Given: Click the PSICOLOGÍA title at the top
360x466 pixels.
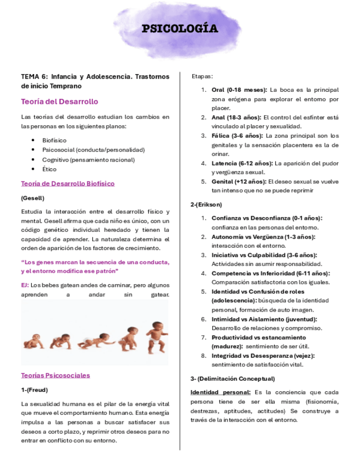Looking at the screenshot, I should tap(180, 29).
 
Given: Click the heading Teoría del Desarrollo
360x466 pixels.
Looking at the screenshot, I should tap(59, 102).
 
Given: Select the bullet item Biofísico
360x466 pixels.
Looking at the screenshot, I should tap(54, 140).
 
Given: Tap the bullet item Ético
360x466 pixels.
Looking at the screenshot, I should tap(49, 170).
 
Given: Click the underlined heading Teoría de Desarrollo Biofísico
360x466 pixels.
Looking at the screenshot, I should tap(68, 184).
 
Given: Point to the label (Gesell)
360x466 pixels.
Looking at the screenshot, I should tap(32, 198).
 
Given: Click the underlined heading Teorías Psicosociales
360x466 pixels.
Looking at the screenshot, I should tap(56, 375).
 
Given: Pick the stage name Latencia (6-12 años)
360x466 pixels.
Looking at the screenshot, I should tap(241, 164).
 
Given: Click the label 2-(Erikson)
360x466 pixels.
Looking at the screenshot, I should tap(206, 204).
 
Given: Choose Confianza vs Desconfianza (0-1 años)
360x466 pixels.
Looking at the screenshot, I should tap(267, 218).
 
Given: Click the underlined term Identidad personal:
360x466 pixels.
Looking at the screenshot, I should tap(220, 392).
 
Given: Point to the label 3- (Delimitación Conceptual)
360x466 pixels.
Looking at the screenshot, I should tap(232, 379).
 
